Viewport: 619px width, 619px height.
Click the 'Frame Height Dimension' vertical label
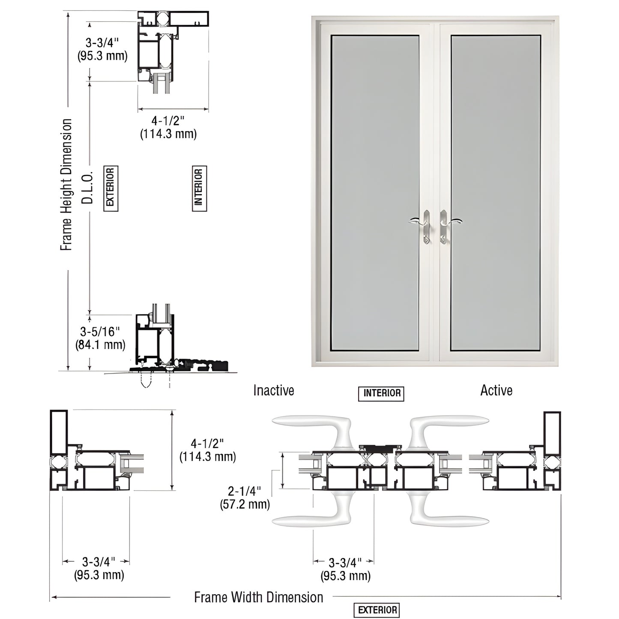pyautogui.click(x=66, y=185)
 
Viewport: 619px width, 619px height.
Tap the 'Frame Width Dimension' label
pyautogui.click(x=258, y=597)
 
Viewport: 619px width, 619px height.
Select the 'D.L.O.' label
pyautogui.click(x=87, y=188)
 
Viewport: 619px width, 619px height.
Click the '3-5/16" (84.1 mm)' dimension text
pyautogui.click(x=100, y=338)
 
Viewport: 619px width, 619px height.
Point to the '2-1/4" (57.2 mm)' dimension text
pyautogui.click(x=245, y=497)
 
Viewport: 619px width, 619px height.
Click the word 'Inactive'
pyautogui.click(x=273, y=390)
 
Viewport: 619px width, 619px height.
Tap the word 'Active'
pyautogui.click(x=496, y=390)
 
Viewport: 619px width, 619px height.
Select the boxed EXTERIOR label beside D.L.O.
pyautogui.click(x=111, y=188)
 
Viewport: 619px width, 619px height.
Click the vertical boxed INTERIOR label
pyautogui.click(x=199, y=188)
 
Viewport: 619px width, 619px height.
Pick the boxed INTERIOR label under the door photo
pyautogui.click(x=381, y=393)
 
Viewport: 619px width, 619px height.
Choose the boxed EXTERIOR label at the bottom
pyautogui.click(x=377, y=610)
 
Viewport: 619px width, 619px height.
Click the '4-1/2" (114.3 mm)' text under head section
pyautogui.click(x=168, y=127)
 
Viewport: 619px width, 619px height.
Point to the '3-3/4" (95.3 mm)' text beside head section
pyautogui.click(x=102, y=49)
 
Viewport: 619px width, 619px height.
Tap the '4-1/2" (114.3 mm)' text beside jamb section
pyautogui.click(x=207, y=450)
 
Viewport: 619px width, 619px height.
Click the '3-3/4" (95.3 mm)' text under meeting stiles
pyautogui.click(x=345, y=569)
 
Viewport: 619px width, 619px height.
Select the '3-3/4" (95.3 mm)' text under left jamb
pyautogui.click(x=99, y=568)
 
